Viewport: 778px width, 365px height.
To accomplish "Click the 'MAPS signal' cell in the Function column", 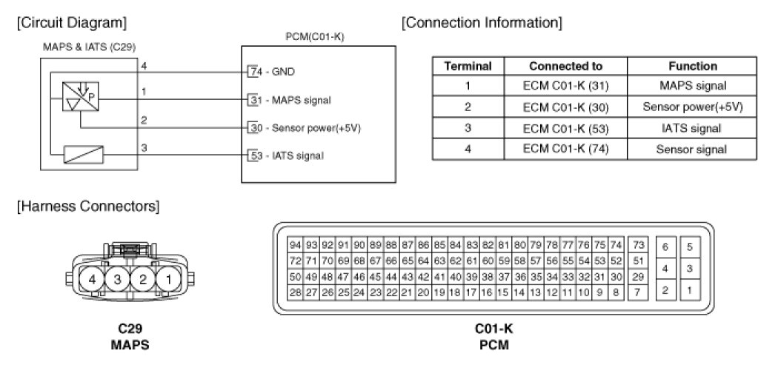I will pyautogui.click(x=692, y=86).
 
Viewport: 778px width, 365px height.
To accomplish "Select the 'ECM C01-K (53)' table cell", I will pyautogui.click(x=565, y=128).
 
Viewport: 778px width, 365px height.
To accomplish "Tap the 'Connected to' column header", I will pyautogui.click(x=565, y=66).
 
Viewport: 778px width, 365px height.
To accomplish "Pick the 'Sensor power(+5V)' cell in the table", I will pyautogui.click(x=692, y=107).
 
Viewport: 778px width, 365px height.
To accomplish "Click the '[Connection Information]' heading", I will pyautogui.click(x=482, y=23).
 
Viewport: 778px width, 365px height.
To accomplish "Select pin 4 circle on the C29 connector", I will pyautogui.click(x=92, y=281).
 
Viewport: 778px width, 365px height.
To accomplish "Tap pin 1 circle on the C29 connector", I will pyautogui.click(x=169, y=281).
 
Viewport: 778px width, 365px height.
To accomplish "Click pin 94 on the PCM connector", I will pyautogui.click(x=295, y=245).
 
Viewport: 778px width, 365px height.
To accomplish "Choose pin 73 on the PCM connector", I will pyautogui.click(x=637, y=245).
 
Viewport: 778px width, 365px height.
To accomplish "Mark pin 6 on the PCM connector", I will pyautogui.click(x=665, y=247).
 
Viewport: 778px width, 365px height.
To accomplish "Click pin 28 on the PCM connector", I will pyautogui.click(x=295, y=292).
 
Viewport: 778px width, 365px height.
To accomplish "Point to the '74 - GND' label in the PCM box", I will pyautogui.click(x=273, y=73).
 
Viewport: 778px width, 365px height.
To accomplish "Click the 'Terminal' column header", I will pyautogui.click(x=468, y=66).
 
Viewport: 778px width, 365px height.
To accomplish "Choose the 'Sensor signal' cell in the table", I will pyautogui.click(x=692, y=149).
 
